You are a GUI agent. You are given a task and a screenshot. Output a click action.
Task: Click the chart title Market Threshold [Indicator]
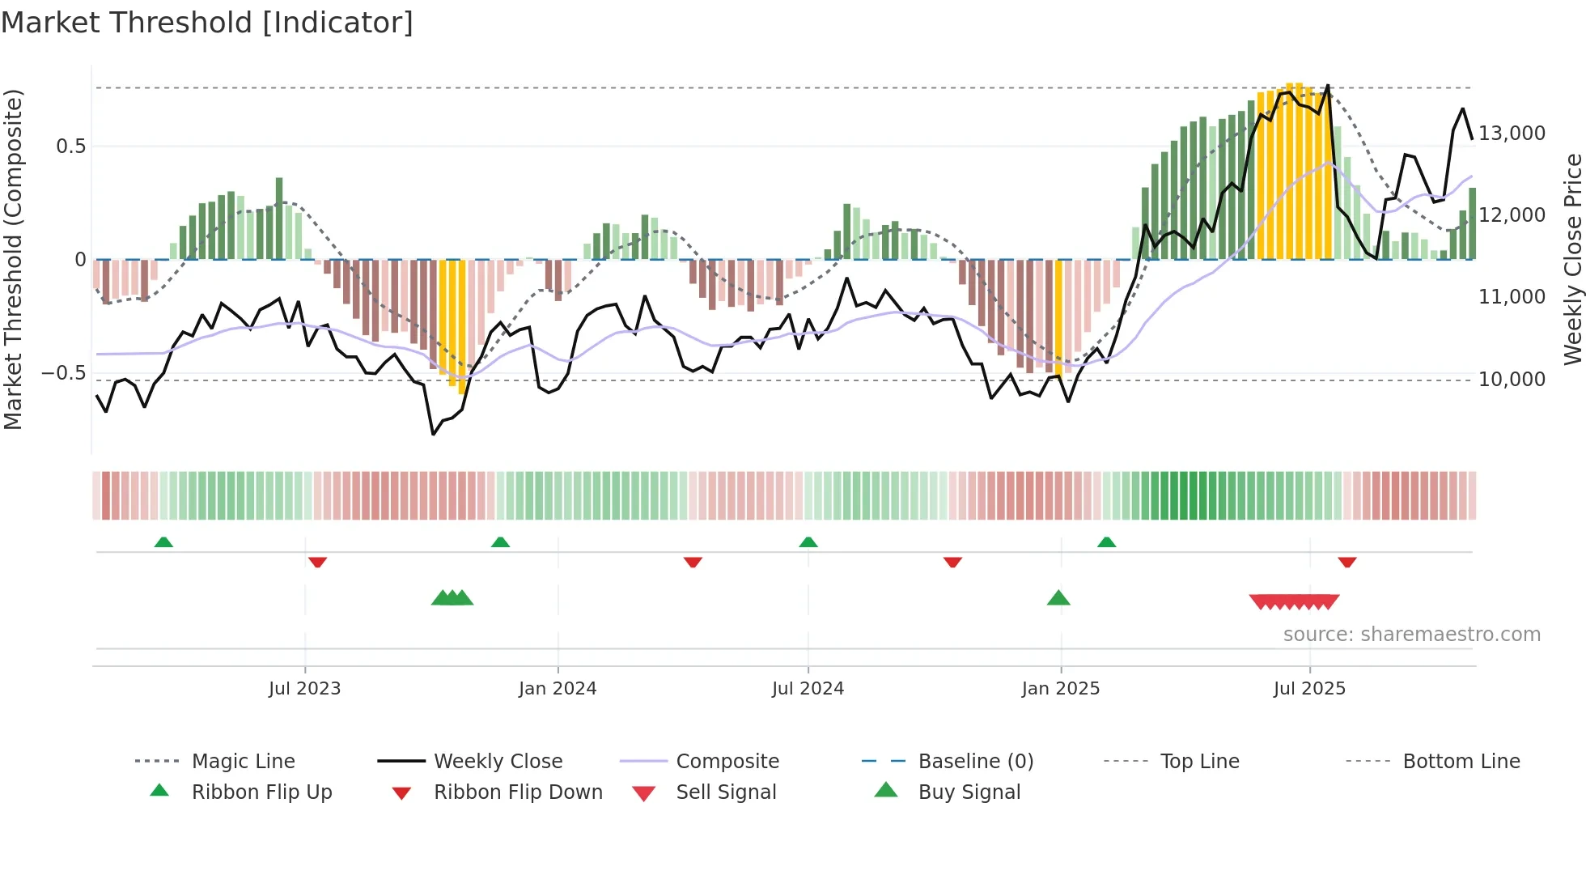click(x=207, y=23)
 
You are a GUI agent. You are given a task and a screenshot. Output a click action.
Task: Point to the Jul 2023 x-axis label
click(x=304, y=689)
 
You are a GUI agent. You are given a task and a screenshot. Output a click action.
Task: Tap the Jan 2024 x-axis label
click(x=558, y=689)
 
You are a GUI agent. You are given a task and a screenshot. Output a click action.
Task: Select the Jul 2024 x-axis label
click(x=808, y=689)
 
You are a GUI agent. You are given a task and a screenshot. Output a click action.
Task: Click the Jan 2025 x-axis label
click(x=1060, y=689)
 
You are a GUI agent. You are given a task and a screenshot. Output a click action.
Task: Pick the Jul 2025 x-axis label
click(x=1309, y=689)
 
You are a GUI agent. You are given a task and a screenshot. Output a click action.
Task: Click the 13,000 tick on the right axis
click(x=1512, y=134)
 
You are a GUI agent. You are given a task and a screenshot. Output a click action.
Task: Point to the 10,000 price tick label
click(x=1512, y=380)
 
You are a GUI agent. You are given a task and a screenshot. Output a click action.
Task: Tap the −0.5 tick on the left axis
click(x=64, y=374)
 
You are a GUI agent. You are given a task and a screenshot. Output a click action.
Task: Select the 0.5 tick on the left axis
click(x=71, y=147)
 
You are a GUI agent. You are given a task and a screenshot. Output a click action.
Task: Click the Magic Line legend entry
click(x=243, y=762)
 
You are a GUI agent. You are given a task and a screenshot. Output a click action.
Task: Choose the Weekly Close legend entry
click(x=498, y=762)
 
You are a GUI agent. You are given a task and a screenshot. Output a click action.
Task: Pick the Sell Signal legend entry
click(x=726, y=792)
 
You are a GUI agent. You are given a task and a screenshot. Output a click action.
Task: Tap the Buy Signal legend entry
click(x=969, y=792)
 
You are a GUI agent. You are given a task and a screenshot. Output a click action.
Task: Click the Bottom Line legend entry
click(x=1461, y=762)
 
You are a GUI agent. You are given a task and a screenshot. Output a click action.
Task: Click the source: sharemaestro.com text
click(x=1411, y=635)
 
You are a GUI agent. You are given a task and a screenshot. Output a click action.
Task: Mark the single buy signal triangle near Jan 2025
click(x=1058, y=598)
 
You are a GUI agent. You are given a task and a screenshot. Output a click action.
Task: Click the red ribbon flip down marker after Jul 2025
click(x=1346, y=562)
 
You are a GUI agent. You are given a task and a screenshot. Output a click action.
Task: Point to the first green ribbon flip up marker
click(x=163, y=542)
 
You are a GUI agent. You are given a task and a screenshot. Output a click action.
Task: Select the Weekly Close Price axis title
click(x=1572, y=259)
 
